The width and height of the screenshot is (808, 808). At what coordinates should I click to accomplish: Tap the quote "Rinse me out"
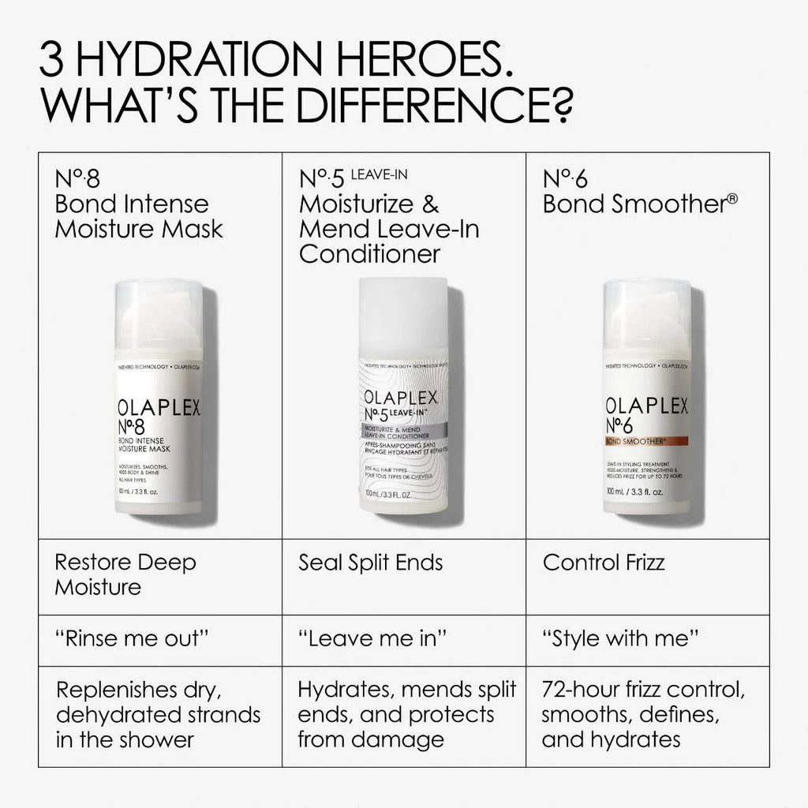tap(132, 639)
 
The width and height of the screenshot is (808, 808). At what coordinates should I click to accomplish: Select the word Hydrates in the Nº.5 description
tap(344, 690)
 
